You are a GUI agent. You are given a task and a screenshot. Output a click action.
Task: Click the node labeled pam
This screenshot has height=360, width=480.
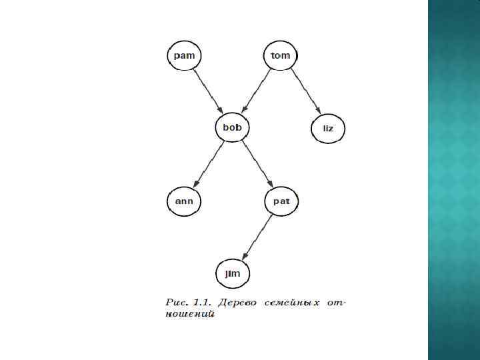coord(183,55)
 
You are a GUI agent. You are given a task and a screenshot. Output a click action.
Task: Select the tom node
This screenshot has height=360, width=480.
coord(281,55)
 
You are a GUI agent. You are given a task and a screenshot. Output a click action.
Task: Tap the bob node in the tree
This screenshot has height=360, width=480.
coord(232,127)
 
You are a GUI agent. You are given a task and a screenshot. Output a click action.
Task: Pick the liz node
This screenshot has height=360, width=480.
coord(329,127)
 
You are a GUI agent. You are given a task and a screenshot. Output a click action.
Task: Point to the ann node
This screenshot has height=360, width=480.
coord(183,200)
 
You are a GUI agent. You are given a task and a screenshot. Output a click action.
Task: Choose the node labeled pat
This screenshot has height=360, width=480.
coord(281,200)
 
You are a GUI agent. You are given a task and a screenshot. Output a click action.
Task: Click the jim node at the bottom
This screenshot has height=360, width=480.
coord(232,273)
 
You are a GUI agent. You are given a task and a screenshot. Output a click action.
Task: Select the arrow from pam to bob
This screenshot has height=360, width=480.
coord(207,91)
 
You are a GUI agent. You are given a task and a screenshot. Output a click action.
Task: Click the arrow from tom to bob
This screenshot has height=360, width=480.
coord(257,91)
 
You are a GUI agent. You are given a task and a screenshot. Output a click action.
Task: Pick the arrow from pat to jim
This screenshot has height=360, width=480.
coord(257,236)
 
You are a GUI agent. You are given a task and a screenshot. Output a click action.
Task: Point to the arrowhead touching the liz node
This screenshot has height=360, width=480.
coord(318,111)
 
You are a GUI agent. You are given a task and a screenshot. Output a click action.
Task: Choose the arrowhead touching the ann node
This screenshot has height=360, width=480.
coord(195,183)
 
